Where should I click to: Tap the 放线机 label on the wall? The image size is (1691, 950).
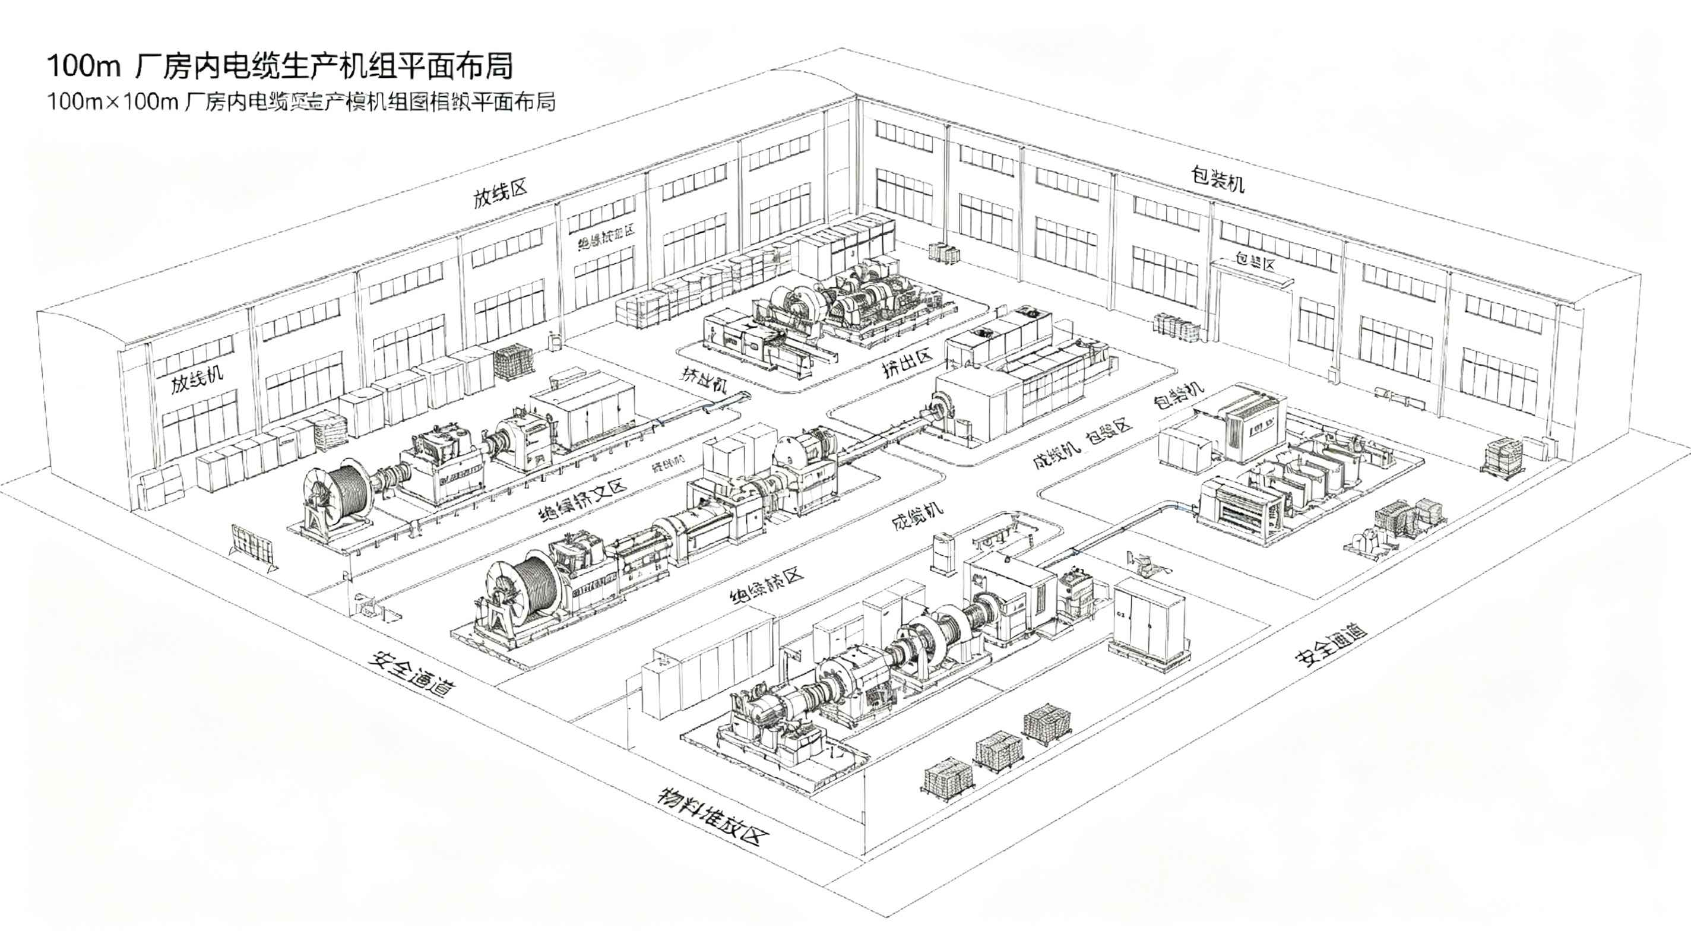[x=197, y=379]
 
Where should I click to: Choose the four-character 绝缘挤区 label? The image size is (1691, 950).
[x=767, y=586]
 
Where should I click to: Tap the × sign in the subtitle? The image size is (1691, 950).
[x=114, y=102]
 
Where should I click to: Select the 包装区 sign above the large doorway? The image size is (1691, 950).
[x=1255, y=262]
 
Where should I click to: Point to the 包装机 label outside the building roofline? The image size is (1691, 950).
[x=1218, y=179]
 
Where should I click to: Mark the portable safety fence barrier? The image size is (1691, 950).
[x=252, y=546]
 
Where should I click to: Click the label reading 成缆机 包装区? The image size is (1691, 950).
[x=1082, y=442]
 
